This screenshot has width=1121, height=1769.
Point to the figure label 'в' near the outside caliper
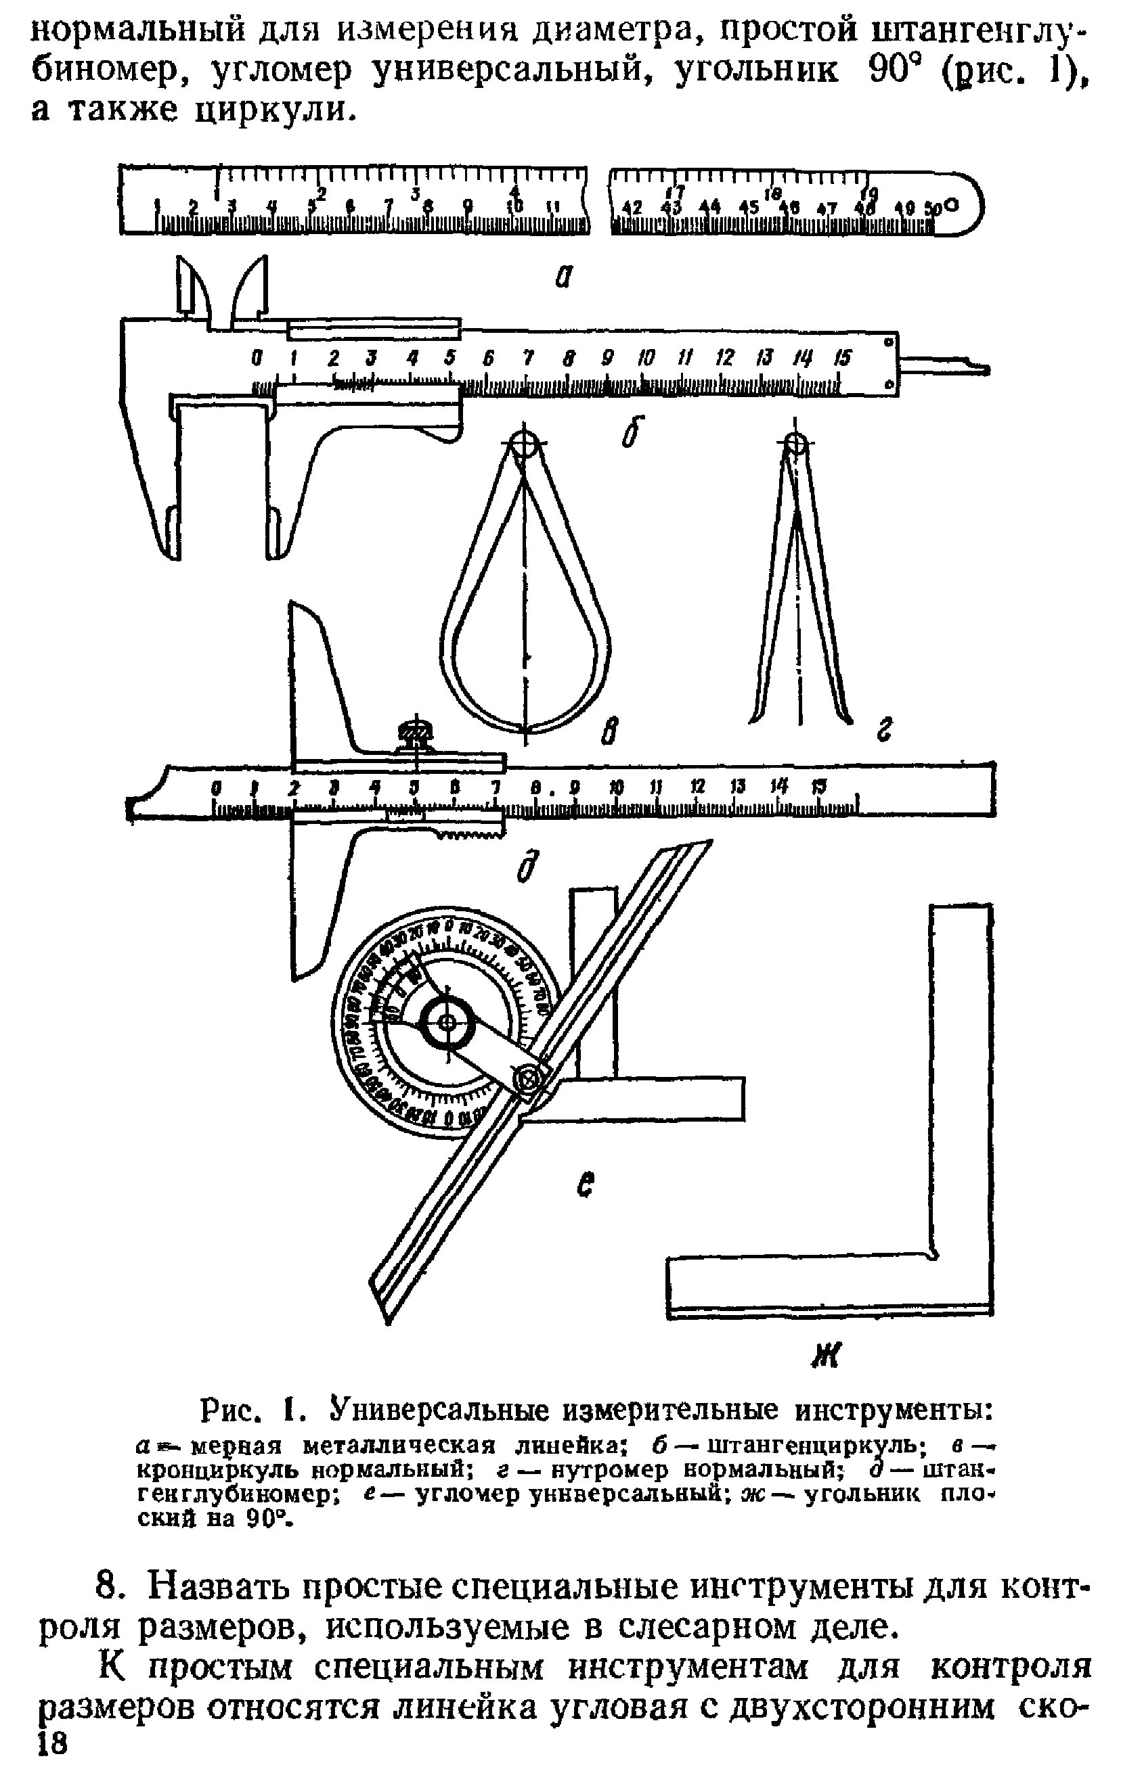coord(610,732)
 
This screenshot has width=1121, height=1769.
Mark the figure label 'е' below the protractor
coord(585,1185)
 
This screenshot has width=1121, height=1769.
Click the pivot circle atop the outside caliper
coord(524,444)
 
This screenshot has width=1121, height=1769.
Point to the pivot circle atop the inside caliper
coord(795,444)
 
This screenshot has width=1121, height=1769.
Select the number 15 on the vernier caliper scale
coord(841,358)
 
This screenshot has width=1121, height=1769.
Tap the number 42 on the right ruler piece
coord(632,208)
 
